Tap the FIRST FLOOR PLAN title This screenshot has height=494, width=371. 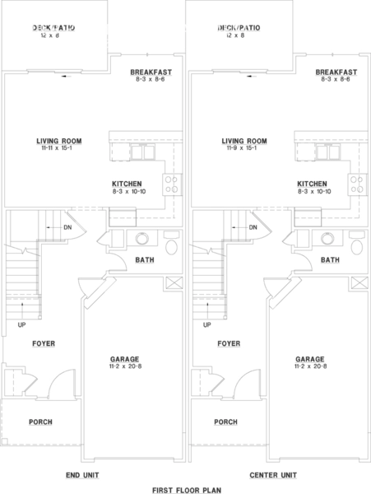point(187,489)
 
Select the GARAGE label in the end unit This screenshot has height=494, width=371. point(125,359)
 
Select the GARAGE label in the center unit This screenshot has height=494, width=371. point(310,359)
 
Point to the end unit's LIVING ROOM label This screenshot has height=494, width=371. point(59,140)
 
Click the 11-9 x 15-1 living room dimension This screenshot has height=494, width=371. point(244,148)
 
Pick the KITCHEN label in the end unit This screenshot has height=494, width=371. point(127,184)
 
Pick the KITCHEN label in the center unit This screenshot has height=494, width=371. point(313,184)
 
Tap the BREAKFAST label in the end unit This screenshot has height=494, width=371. point(151,72)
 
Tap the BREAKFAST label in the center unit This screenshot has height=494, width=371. point(336,72)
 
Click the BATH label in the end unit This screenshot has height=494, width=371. point(144,260)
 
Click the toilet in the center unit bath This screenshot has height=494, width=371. point(356,245)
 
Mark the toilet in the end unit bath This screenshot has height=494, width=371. point(171,245)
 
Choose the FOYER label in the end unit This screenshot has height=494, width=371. point(44,343)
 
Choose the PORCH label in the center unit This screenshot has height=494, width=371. point(226,422)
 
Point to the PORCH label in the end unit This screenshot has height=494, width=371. point(41,422)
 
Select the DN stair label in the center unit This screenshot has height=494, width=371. point(253,227)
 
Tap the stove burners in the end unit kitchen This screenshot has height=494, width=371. point(173,184)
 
